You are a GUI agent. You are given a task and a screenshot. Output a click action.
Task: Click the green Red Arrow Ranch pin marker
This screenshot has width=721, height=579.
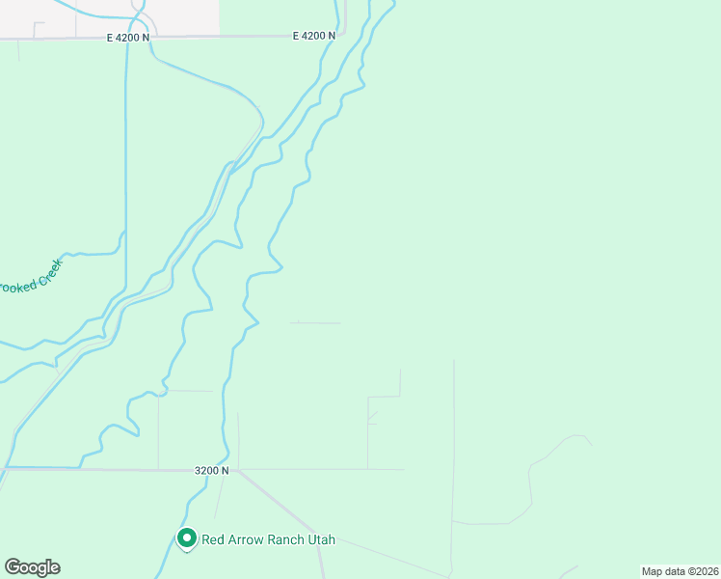tap(187, 538)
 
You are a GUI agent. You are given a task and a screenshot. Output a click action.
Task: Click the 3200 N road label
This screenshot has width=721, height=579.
tap(211, 470)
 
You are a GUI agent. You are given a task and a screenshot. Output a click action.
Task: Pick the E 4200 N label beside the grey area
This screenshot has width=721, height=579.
tap(128, 37)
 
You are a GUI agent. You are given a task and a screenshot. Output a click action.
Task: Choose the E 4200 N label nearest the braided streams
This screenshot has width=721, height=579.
tap(314, 36)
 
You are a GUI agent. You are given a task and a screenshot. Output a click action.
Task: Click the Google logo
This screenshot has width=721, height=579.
tap(32, 567)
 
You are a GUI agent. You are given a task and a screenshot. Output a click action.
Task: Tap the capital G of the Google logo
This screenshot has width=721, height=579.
tap(13, 566)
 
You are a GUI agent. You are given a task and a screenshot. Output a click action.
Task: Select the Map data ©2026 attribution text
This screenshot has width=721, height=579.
tap(679, 571)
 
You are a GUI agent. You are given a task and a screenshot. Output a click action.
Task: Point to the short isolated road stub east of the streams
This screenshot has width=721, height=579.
tap(315, 322)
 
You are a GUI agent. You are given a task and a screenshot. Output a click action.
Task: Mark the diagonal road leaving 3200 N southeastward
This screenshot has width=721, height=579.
tap(280, 508)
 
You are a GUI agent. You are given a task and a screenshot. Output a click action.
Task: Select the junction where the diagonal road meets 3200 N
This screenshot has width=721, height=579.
tap(238, 470)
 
